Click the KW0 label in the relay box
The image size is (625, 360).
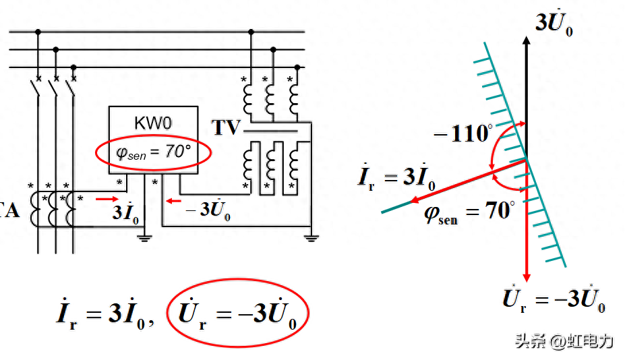pyautogui.click(x=154, y=124)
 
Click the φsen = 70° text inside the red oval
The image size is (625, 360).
pyautogui.click(x=154, y=152)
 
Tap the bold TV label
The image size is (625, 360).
pyautogui.click(x=226, y=127)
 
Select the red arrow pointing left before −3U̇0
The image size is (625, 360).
pyautogui.click(x=174, y=200)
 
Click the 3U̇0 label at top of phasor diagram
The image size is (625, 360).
pyautogui.click(x=554, y=24)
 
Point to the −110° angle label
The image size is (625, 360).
pyautogui.click(x=463, y=133)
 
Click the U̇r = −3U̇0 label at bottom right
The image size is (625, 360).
pyautogui.click(x=554, y=299)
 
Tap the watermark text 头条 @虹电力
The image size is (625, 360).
pyautogui.click(x=564, y=341)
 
